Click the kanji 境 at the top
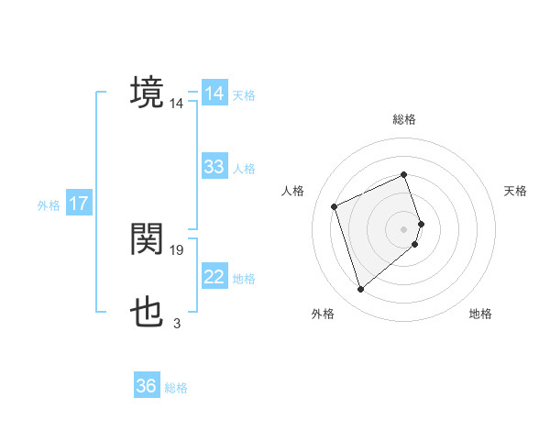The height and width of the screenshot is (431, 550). pyautogui.click(x=148, y=93)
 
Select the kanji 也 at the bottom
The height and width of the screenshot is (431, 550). pyautogui.click(x=148, y=314)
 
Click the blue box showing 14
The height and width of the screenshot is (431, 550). pyautogui.click(x=214, y=94)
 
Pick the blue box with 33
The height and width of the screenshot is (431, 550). pyautogui.click(x=214, y=167)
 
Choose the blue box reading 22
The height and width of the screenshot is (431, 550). pyautogui.click(x=214, y=277)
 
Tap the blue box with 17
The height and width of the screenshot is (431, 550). pyautogui.click(x=79, y=204)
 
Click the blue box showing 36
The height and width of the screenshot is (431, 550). pyautogui.click(x=147, y=386)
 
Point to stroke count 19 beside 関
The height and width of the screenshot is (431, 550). pyautogui.click(x=177, y=249)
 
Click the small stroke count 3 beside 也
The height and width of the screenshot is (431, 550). pyautogui.click(x=176, y=323)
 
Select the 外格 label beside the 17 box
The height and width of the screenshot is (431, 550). pyautogui.click(x=49, y=205)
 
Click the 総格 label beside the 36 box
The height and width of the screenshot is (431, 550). pyautogui.click(x=176, y=388)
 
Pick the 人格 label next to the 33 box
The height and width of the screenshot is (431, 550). pyautogui.click(x=244, y=169)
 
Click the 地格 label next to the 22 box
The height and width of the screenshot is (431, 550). pyautogui.click(x=244, y=279)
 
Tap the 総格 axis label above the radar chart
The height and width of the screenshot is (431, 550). pyautogui.click(x=404, y=119)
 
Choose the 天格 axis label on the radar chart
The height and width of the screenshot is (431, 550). pyautogui.click(x=516, y=191)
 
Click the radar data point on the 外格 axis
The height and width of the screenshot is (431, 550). pyautogui.click(x=360, y=290)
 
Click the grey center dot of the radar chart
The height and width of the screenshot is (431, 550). pyautogui.click(x=404, y=227)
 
